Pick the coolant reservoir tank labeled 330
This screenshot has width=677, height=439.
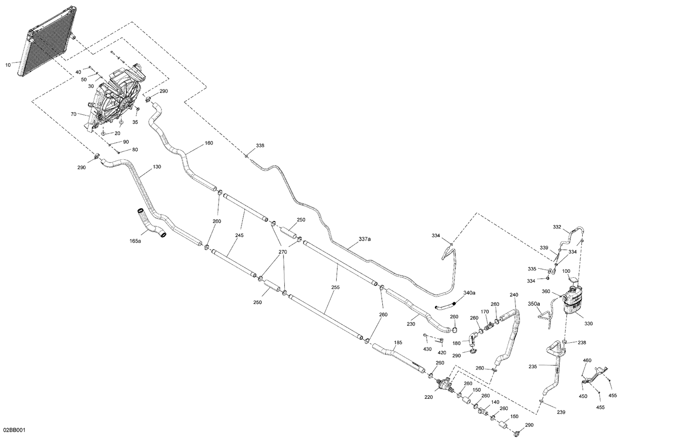point(573,300)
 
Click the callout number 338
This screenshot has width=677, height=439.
point(260,145)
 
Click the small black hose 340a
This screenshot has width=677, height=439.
point(445,305)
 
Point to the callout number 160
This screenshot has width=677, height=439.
point(209,143)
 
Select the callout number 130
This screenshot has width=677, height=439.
point(157,167)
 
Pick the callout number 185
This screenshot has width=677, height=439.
point(398,342)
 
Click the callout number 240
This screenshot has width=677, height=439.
point(514,294)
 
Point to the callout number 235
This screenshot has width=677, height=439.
point(533,366)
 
